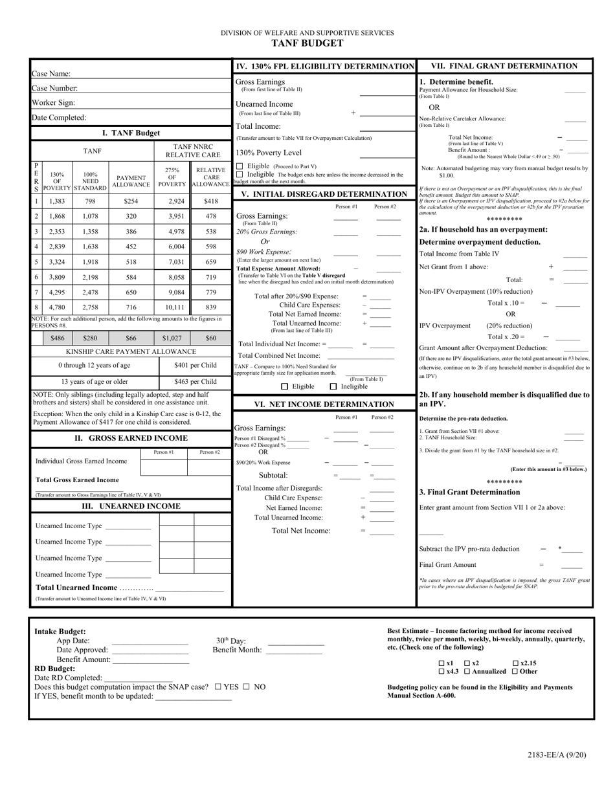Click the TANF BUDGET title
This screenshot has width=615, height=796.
[x=307, y=43]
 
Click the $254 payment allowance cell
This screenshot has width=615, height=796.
[x=131, y=201]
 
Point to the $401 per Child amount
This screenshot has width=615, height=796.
[x=195, y=366]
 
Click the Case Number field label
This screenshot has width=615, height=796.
[x=55, y=88]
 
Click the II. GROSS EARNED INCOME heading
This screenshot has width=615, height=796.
[x=131, y=438]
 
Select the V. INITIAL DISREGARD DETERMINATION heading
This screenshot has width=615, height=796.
[x=324, y=194]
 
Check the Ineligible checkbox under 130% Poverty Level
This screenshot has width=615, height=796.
[x=240, y=174]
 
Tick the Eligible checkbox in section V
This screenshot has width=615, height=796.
[x=285, y=387]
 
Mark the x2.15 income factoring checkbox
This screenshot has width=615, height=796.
[x=515, y=663]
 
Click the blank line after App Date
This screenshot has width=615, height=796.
[x=150, y=643]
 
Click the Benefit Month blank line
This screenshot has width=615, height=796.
[x=295, y=653]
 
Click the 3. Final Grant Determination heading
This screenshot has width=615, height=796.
[x=469, y=492]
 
